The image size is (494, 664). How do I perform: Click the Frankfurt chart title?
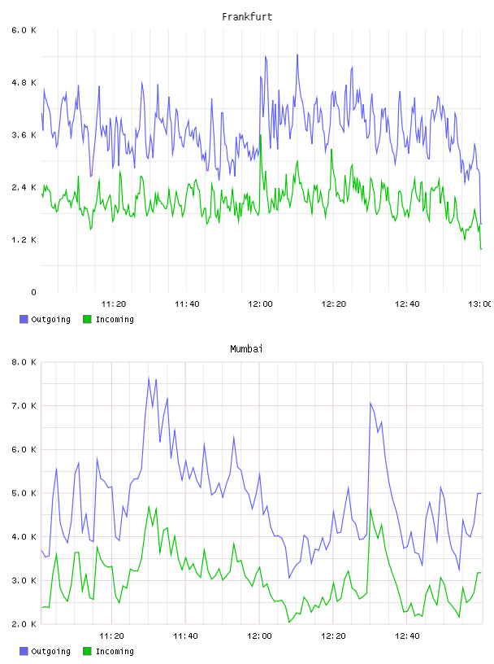[247, 17]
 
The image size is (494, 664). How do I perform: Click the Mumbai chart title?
[246, 349]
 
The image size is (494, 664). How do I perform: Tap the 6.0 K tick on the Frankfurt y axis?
[24, 30]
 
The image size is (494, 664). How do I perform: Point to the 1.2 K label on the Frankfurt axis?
[24, 240]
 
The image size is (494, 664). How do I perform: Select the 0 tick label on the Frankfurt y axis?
[33, 292]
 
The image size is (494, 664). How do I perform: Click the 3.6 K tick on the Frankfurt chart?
[24, 135]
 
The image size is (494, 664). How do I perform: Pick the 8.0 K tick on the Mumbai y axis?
[24, 362]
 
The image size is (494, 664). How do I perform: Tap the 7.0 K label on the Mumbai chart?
[24, 406]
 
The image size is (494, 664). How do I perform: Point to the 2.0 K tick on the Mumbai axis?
[24, 624]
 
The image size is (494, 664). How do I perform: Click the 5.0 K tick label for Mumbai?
[24, 493]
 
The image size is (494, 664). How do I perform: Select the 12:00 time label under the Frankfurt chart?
[260, 304]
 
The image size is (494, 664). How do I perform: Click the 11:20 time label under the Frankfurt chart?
[114, 304]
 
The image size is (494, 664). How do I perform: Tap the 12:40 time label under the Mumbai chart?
[407, 636]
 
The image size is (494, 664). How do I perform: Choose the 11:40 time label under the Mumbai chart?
[185, 636]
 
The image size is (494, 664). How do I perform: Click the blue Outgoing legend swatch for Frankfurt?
[24, 319]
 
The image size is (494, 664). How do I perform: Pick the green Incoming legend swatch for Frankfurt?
[87, 319]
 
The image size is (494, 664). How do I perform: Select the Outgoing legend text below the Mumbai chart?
[50, 651]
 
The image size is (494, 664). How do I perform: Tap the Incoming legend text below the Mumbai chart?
[115, 651]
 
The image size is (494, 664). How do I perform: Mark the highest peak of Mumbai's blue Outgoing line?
[149, 378]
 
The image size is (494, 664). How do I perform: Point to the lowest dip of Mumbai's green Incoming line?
[289, 622]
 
